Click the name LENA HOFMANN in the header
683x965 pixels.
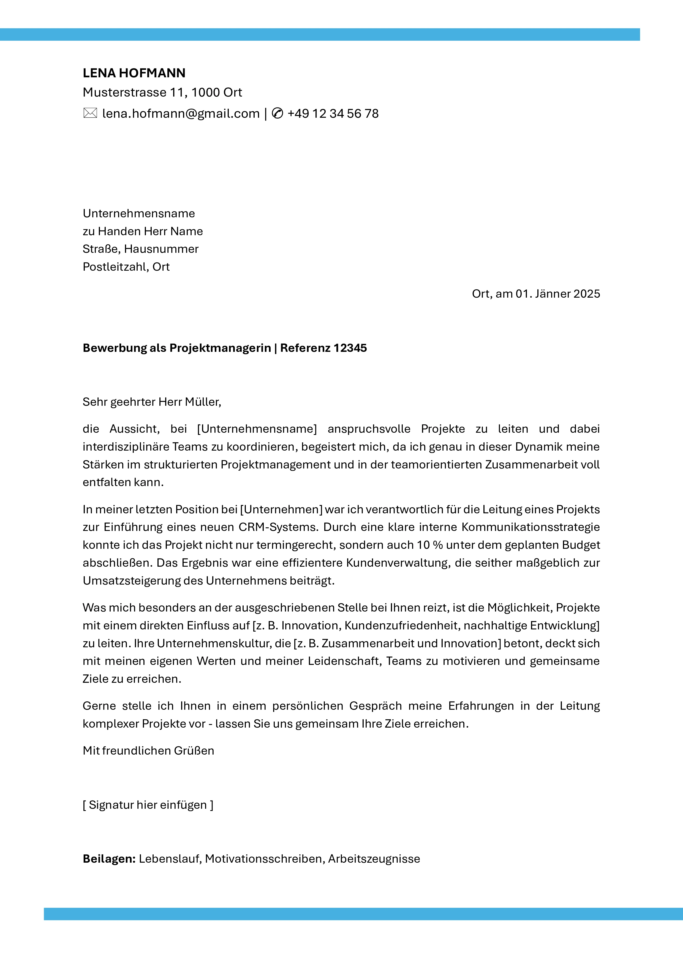click(x=134, y=73)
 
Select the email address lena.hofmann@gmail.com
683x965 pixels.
click(x=181, y=114)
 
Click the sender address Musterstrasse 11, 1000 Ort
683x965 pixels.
click(x=162, y=92)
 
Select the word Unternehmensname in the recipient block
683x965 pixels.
click(x=139, y=213)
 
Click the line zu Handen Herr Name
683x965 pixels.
click(x=143, y=231)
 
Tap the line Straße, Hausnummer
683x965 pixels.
click(x=140, y=249)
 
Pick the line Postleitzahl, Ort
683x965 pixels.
click(x=126, y=267)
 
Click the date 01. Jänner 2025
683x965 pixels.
click(x=558, y=294)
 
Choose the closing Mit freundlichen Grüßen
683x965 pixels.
click(x=148, y=751)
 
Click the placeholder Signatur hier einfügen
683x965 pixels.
click(x=148, y=805)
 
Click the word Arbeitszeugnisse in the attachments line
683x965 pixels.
click(x=374, y=859)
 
